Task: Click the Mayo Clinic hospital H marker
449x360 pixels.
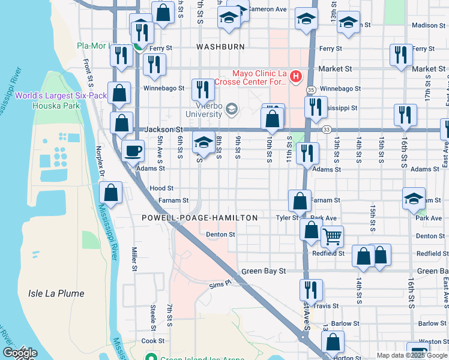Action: [295, 76]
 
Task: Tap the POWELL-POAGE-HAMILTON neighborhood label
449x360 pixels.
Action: [200, 218]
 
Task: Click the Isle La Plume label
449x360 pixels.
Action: [56, 293]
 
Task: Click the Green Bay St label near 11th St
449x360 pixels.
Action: [264, 271]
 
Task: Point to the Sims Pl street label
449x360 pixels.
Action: [220, 284]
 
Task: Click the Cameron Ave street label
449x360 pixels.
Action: [268, 9]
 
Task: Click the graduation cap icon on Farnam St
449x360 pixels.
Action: [414, 199]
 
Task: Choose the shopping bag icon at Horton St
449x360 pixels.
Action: [332, 343]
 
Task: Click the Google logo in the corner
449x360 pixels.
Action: [20, 353]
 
